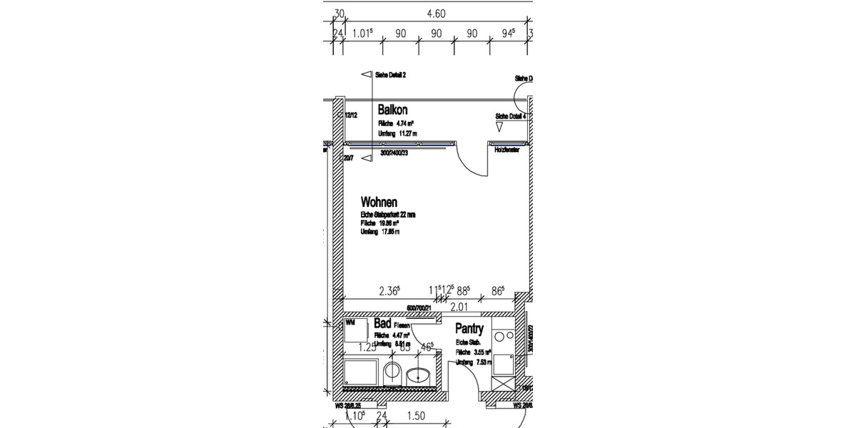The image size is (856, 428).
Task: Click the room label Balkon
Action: [x=392, y=110]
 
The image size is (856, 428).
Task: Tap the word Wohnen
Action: [x=378, y=202]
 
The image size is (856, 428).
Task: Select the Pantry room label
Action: [x=469, y=330]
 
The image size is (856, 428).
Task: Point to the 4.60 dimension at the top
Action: [x=436, y=13]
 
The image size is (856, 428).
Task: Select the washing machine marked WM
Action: [x=356, y=330]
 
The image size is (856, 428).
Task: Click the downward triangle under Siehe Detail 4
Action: [x=499, y=127]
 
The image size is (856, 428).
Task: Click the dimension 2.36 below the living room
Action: [x=389, y=290]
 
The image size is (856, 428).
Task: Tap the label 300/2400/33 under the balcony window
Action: [x=393, y=153]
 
